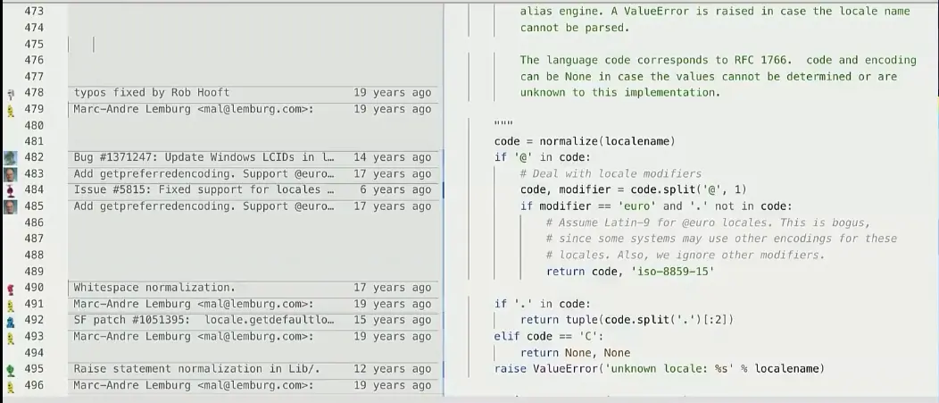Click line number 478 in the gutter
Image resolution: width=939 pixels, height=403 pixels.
pyautogui.click(x=34, y=93)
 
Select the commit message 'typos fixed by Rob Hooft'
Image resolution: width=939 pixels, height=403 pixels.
pyautogui.click(x=151, y=93)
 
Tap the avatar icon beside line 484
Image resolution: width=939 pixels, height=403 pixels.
pyautogui.click(x=10, y=190)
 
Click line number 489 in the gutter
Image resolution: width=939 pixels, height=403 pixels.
pyautogui.click(x=34, y=272)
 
